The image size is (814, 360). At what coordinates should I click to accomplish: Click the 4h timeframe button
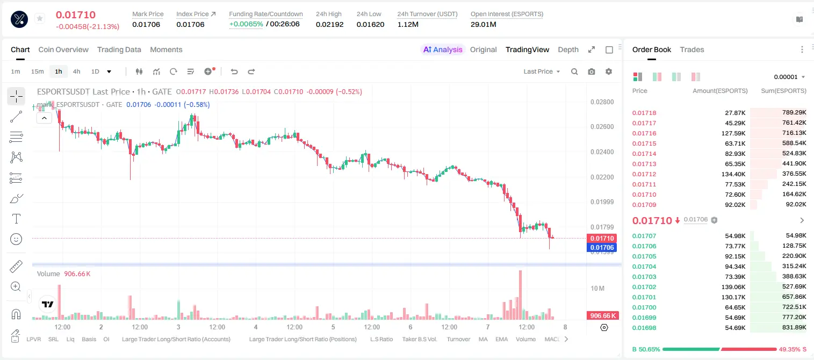pyautogui.click(x=76, y=71)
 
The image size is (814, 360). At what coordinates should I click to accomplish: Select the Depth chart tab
pyautogui.click(x=568, y=50)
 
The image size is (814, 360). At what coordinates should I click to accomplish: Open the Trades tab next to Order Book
pyautogui.click(x=692, y=50)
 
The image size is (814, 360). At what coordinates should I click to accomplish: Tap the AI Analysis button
pyautogui.click(x=443, y=50)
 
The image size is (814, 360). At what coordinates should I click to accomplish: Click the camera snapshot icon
pyautogui.click(x=592, y=71)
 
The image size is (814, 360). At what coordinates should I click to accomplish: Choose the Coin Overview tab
pyautogui.click(x=63, y=50)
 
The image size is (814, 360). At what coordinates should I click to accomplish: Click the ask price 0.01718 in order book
pyautogui.click(x=644, y=113)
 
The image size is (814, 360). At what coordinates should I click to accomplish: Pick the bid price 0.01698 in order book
pyautogui.click(x=644, y=328)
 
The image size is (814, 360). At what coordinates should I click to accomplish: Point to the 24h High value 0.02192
pyautogui.click(x=329, y=24)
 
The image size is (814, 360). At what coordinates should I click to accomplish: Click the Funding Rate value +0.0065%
pyautogui.click(x=246, y=24)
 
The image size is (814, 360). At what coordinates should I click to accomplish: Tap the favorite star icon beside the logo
pyautogui.click(x=40, y=18)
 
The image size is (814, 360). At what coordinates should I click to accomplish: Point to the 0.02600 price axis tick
pyautogui.click(x=602, y=127)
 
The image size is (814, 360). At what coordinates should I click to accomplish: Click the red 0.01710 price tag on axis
pyautogui.click(x=602, y=239)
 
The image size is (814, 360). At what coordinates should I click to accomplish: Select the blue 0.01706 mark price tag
pyautogui.click(x=602, y=248)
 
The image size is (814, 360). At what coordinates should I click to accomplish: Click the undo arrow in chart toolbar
pyautogui.click(x=234, y=71)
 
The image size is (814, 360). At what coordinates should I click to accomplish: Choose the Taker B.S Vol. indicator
pyautogui.click(x=419, y=339)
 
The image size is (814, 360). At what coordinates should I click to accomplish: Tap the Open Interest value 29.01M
pyautogui.click(x=484, y=24)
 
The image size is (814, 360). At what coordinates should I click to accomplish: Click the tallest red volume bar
pyautogui.click(x=521, y=295)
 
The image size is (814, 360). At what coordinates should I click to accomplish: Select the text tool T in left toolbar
pyautogui.click(x=16, y=219)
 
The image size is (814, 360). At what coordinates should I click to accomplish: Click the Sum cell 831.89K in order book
pyautogui.click(x=794, y=327)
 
